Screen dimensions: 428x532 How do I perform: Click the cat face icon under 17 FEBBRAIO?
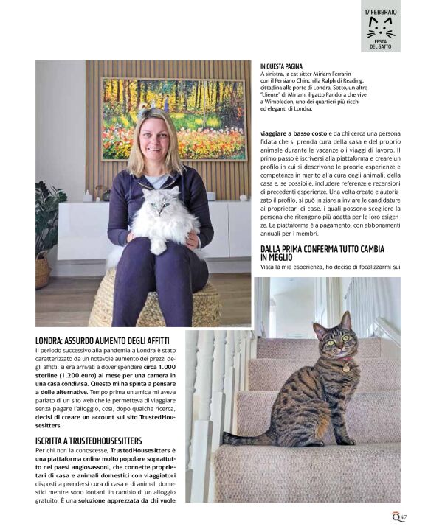[381, 28]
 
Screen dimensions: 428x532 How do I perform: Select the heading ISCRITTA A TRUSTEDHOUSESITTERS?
[89, 441]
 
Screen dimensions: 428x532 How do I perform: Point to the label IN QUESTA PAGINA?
[281, 66]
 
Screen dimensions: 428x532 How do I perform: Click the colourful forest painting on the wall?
[173, 118]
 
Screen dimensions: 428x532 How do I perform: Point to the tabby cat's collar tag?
[345, 367]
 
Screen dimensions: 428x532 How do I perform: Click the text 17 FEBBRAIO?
[381, 13]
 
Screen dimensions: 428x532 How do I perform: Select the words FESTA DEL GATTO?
[381, 44]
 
